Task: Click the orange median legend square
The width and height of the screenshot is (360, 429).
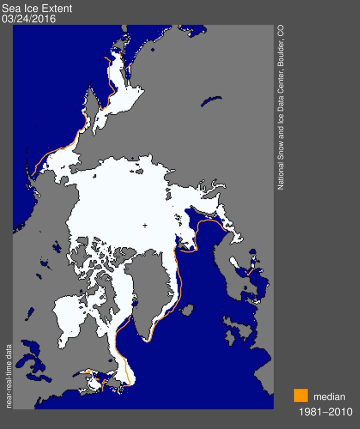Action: click(x=300, y=395)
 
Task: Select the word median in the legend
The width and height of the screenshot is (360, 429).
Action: click(x=329, y=397)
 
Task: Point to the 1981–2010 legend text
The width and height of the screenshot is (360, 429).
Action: click(x=325, y=412)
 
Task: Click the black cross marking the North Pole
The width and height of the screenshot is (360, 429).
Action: click(x=145, y=226)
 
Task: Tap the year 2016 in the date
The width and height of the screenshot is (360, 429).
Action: click(x=45, y=19)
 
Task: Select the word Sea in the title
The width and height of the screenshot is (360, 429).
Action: click(x=10, y=8)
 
